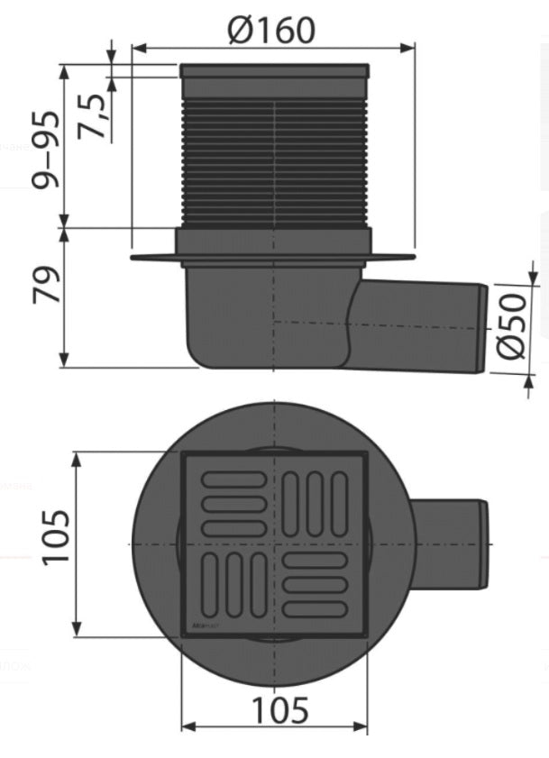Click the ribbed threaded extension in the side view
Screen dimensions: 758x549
click(274, 162)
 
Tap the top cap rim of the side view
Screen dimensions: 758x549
click(274, 69)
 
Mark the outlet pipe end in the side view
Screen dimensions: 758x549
click(480, 328)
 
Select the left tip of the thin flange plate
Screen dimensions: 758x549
click(134, 258)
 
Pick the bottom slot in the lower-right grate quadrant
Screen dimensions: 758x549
click(313, 609)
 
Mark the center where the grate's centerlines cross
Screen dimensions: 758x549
click(274, 544)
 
